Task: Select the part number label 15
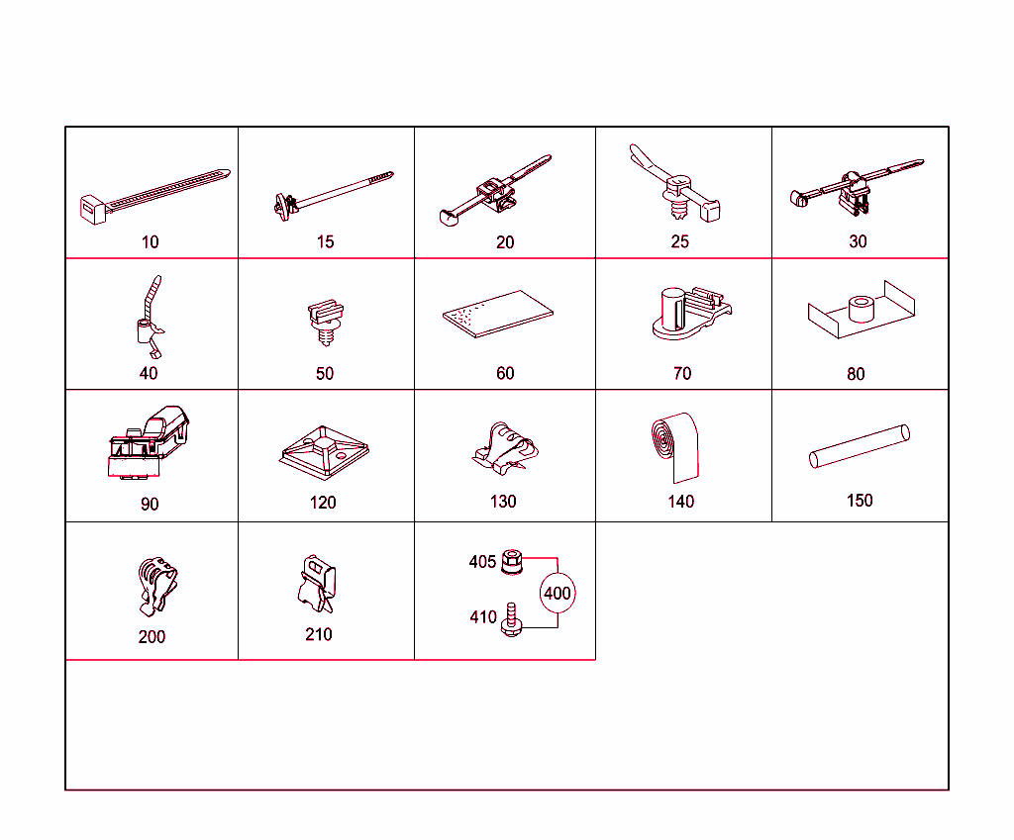pos(325,241)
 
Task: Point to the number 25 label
pos(679,241)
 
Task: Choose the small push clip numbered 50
pos(324,320)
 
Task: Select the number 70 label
pos(681,373)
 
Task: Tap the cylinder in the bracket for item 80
pos(860,309)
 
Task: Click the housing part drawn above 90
pos(149,443)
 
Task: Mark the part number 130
pos(503,502)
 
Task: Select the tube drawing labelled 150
pos(859,446)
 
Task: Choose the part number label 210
pos(318,634)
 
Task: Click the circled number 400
pos(558,594)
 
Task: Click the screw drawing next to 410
pos(512,619)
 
